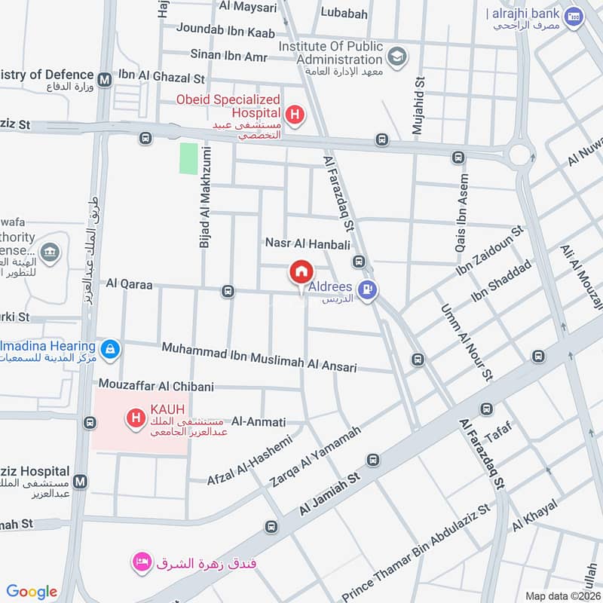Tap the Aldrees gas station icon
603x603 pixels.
(x=367, y=288)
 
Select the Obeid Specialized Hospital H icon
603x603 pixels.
(x=298, y=115)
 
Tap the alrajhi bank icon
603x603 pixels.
(x=575, y=16)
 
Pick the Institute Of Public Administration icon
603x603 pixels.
(x=396, y=55)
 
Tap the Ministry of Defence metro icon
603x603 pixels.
(x=104, y=76)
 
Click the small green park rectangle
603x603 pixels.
(x=188, y=158)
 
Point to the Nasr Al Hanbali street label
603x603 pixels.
(x=308, y=243)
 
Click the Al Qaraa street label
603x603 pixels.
(x=130, y=285)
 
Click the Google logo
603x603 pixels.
(x=32, y=592)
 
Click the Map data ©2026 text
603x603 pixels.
(x=562, y=596)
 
